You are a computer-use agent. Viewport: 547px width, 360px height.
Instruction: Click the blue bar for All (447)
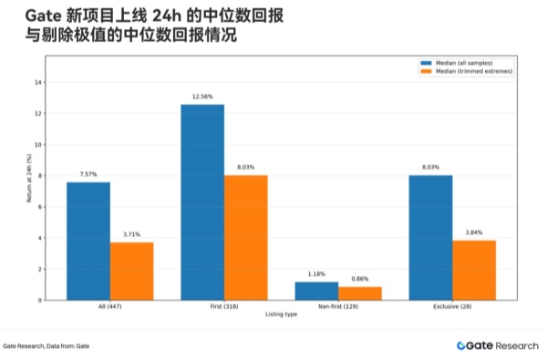(x=88, y=241)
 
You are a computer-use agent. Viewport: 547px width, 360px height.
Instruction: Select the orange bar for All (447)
(x=132, y=271)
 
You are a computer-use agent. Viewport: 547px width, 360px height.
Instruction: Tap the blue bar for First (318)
(x=202, y=202)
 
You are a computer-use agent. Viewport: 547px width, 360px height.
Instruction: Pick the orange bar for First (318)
(x=246, y=237)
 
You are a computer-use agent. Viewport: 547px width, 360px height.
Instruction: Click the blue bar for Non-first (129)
(x=316, y=291)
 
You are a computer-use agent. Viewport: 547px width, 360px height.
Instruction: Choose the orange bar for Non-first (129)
(x=360, y=293)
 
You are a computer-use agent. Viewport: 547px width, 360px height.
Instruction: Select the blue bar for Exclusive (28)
(x=430, y=237)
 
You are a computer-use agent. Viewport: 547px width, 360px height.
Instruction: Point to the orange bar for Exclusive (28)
(x=474, y=270)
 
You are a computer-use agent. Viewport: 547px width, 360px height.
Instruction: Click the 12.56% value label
(x=202, y=97)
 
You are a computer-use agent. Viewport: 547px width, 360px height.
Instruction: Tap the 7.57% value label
(x=88, y=174)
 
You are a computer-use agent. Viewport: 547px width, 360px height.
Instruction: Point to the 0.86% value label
(x=360, y=279)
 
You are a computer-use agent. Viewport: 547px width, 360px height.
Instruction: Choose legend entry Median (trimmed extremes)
(x=463, y=70)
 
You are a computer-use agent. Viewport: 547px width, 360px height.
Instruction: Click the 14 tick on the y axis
(x=38, y=82)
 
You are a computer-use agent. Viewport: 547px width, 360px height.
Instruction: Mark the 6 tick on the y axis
(x=39, y=207)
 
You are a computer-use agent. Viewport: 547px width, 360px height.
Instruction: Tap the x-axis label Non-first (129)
(x=338, y=308)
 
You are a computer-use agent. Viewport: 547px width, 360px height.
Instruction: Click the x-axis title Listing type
(x=281, y=315)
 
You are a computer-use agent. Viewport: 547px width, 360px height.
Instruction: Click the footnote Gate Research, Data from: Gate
(x=46, y=346)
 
